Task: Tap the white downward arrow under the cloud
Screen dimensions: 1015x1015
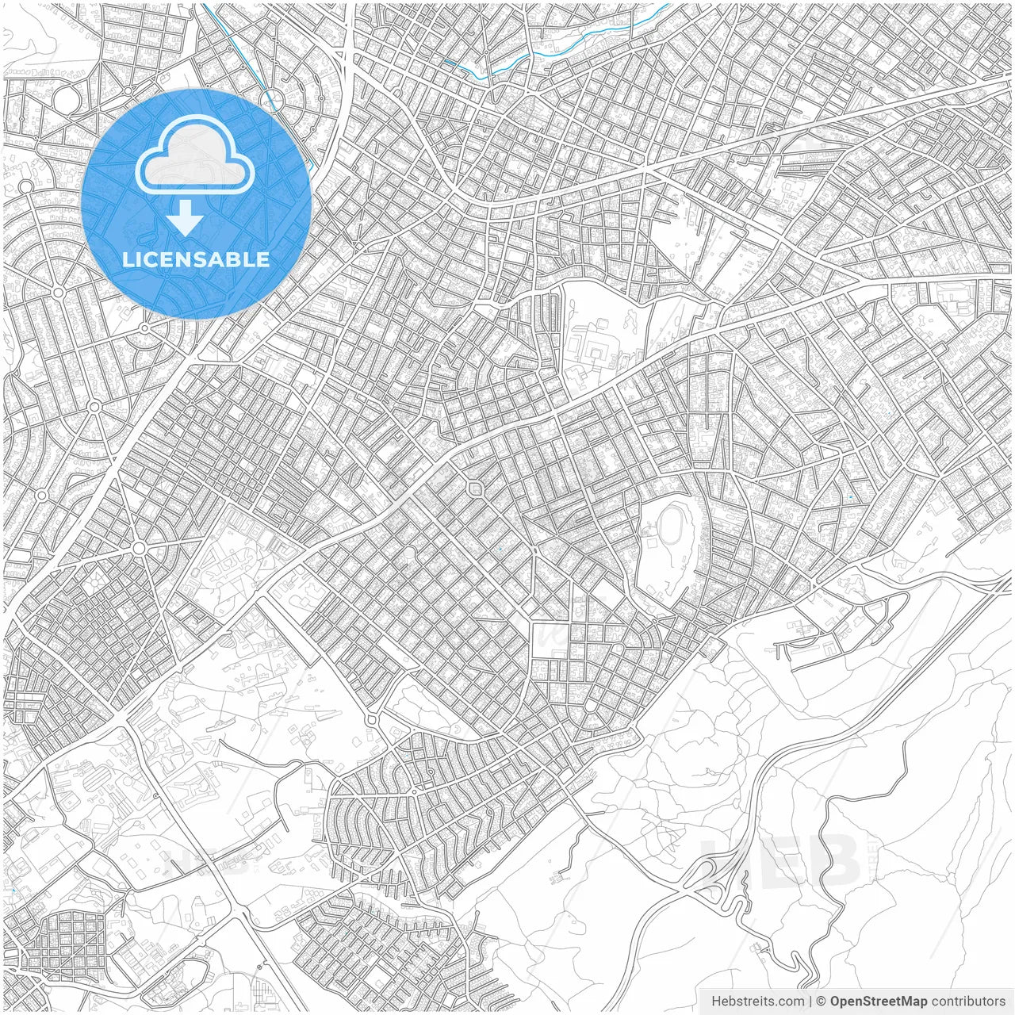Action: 185,218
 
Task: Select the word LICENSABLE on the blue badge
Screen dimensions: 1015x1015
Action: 196,259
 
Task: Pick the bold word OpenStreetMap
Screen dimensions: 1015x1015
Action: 878,1001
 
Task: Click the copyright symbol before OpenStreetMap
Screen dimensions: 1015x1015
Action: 821,1001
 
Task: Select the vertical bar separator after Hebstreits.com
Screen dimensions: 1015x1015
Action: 810,1001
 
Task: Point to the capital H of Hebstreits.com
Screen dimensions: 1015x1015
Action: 716,1001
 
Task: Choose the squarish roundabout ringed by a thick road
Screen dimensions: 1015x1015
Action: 475,488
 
